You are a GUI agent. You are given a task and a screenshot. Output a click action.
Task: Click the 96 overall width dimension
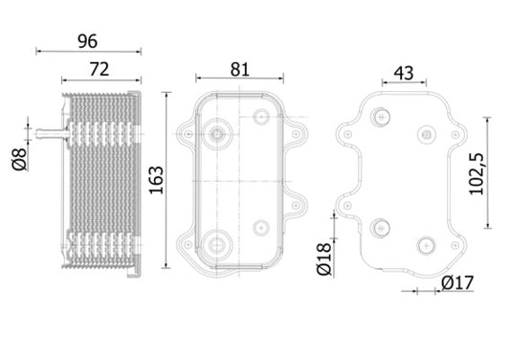coord(87,42)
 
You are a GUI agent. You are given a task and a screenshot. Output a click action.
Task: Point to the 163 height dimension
coord(158,177)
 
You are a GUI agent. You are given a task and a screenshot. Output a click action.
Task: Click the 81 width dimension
coord(239,68)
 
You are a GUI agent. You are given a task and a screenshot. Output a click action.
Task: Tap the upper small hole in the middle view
coord(261,117)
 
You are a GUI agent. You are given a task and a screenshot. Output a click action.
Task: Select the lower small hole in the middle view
coord(261,228)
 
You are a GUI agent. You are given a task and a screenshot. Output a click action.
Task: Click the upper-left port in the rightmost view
coord(383,117)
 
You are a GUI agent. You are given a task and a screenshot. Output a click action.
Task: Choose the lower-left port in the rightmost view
coord(383,228)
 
